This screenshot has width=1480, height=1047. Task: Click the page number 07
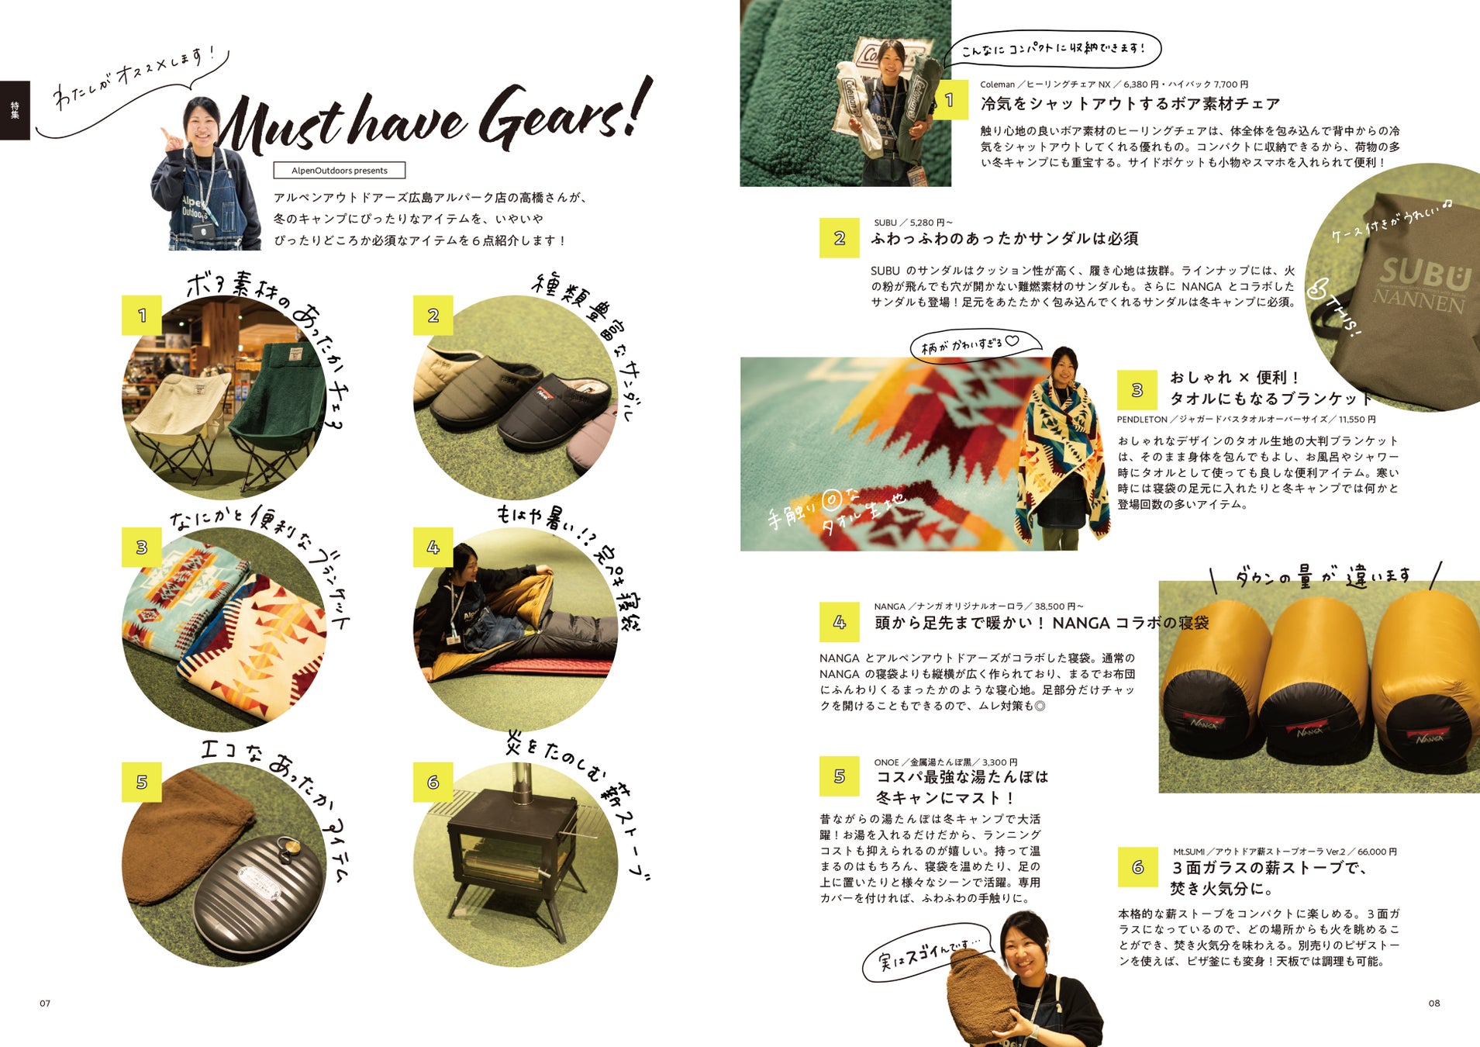45,1004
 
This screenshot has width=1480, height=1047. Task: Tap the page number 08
1434,1004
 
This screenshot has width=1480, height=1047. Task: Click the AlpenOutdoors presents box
339,171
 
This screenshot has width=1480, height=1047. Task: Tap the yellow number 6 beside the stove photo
433,782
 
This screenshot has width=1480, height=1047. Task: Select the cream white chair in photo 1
180,419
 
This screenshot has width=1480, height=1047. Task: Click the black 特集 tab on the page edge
15,110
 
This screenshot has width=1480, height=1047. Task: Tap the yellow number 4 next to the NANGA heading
839,622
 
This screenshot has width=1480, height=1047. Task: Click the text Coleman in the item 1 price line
997,85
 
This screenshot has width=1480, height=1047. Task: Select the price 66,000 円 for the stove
1376,852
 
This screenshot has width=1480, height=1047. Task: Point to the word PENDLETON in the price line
1142,420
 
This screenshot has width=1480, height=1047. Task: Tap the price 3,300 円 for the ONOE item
1000,762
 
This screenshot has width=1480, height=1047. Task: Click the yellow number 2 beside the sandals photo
433,316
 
